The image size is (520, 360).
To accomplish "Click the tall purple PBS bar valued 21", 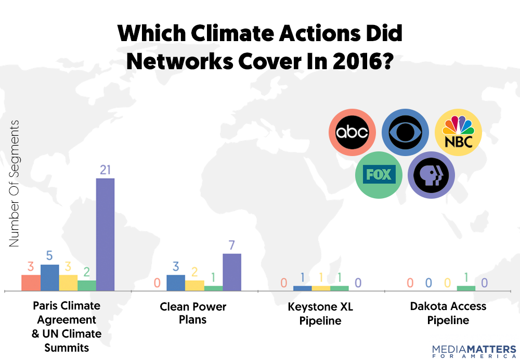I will coord(106,234).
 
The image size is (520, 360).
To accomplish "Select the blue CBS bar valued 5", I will coord(50,277).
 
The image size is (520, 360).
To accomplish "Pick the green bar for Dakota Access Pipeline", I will coord(466,288).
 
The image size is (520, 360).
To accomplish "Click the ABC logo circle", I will coord(352,132).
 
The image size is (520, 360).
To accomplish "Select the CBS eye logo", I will coord(406,132).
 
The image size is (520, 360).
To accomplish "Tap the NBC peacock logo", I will coord(458,132).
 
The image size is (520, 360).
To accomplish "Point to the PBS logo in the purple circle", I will coord(432,175).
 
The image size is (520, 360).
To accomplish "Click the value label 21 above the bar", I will coord(106,170).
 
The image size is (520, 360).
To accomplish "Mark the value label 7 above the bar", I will coord(232,245).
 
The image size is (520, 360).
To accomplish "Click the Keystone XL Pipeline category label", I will coord(320,313).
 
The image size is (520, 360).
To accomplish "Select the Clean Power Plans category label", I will coord(193,313).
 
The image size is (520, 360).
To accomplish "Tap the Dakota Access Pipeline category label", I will coord(448,313).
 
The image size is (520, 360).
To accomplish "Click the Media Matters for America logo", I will coord(474,351).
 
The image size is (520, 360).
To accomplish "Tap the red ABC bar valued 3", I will coord(31,282).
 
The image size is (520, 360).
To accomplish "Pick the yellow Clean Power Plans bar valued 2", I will coord(194,285).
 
